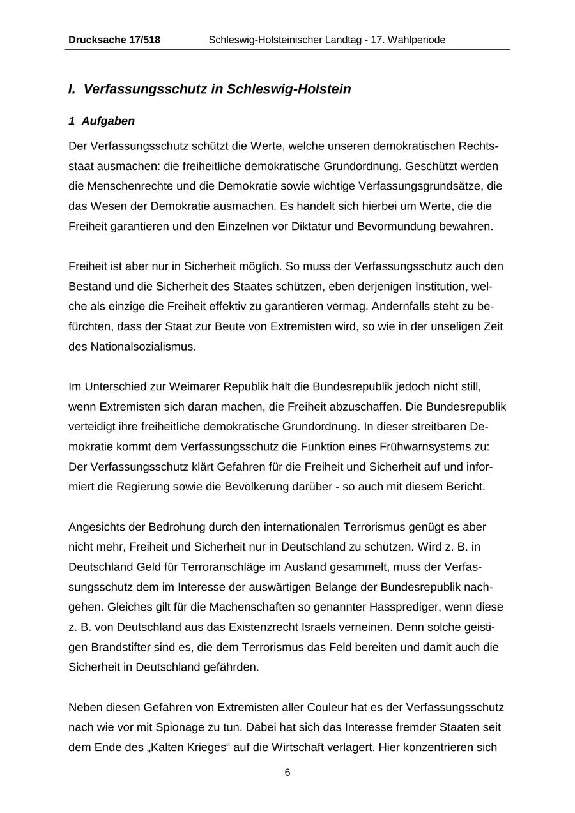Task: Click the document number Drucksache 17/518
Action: point(114,40)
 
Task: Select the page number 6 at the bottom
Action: point(287,773)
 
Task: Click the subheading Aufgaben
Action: point(108,121)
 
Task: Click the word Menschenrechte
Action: point(113,186)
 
